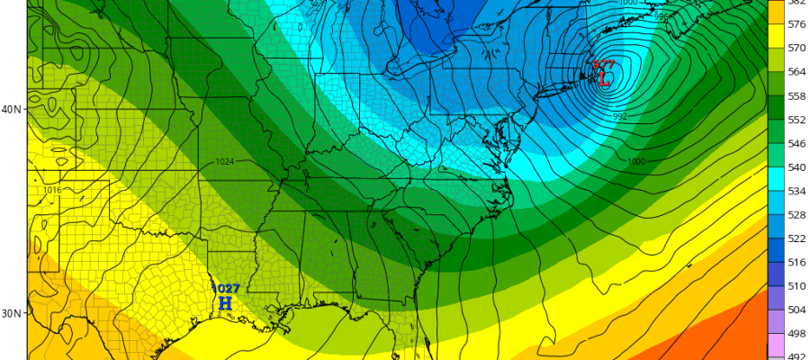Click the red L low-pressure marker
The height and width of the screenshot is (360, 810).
tap(604, 78)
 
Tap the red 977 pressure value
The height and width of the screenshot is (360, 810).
tap(603, 64)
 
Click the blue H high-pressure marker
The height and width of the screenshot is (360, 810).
tap(225, 304)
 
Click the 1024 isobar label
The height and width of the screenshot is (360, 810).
tap(227, 162)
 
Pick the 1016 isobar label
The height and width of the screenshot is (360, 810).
tap(51, 191)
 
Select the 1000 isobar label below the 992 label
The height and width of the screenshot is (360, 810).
tap(637, 161)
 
